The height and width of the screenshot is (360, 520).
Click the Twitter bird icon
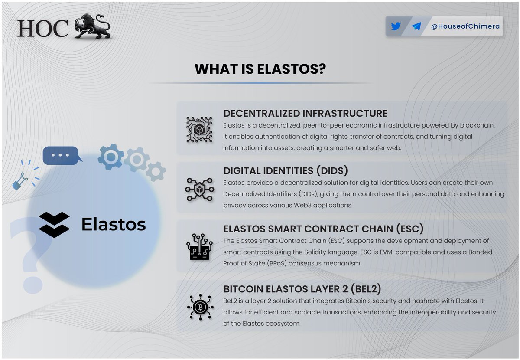tap(396, 26)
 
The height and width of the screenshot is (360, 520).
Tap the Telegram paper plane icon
tap(416, 26)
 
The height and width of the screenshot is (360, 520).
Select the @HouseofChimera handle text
tap(465, 26)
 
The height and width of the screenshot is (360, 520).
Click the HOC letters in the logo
tap(43, 28)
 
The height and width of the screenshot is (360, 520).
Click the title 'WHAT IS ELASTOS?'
tap(260, 69)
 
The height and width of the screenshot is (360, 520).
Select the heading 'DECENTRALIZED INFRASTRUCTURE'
tap(305, 114)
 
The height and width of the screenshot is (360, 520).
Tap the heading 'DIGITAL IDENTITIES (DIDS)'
tap(286, 171)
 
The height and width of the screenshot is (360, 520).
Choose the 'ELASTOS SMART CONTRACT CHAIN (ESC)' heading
tap(323, 229)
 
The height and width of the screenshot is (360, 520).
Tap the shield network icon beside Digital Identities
tap(200, 189)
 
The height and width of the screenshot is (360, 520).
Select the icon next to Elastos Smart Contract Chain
tap(200, 247)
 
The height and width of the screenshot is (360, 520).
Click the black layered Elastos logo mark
tap(54, 224)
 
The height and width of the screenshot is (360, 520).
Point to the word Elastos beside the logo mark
tap(114, 224)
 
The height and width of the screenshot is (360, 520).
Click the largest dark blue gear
tap(111, 157)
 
